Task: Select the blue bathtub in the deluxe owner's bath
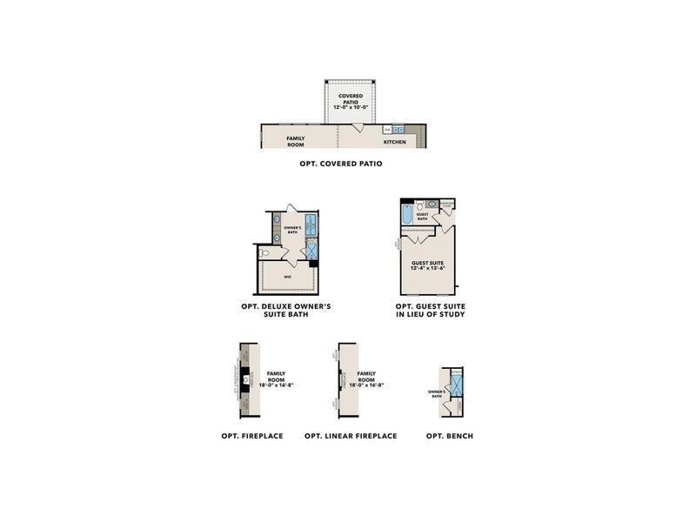[311, 224]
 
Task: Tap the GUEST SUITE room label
[429, 263]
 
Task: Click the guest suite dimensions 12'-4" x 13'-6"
[429, 269]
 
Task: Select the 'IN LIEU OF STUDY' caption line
[429, 315]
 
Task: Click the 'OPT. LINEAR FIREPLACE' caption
[351, 435]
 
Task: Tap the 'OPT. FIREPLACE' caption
[251, 435]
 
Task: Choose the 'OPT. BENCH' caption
[450, 435]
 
